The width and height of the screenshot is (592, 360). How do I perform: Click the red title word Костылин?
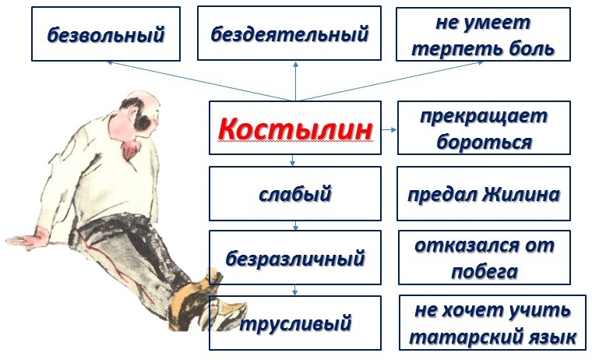[x=295, y=129]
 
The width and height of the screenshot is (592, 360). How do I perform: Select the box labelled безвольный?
[x=106, y=34]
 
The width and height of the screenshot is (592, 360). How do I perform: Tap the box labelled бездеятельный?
[x=289, y=34]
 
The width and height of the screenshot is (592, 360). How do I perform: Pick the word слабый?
[x=295, y=194]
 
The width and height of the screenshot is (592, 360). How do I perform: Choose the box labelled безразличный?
[x=295, y=258]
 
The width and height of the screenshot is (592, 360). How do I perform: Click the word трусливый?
[x=295, y=323]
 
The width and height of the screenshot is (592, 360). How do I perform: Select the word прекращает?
[x=484, y=116]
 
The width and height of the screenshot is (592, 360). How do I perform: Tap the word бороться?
[x=485, y=142]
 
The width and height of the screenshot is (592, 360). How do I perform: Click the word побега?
[x=485, y=272]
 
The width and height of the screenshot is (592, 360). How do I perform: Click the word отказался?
[x=467, y=245]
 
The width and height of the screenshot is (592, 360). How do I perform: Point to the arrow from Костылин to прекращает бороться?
[x=389, y=129]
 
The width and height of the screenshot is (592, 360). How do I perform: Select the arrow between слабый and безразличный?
[x=295, y=225]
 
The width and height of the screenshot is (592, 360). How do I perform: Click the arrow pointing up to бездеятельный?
[x=296, y=81]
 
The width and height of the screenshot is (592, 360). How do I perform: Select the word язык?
[x=555, y=337]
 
